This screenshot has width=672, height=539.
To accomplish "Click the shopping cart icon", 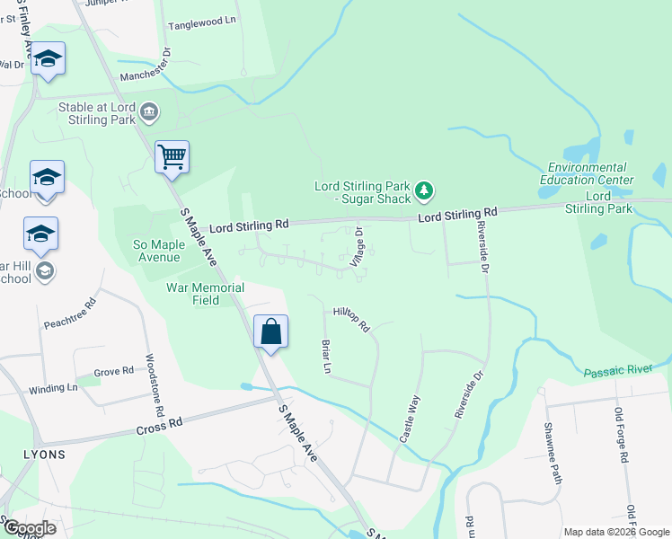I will click(x=172, y=157).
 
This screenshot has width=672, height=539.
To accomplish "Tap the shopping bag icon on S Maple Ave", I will click(x=270, y=331).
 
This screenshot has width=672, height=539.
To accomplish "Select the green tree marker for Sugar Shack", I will click(x=425, y=190).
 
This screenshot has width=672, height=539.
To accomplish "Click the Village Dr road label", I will click(x=358, y=243).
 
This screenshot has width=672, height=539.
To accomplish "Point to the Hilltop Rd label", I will click(x=351, y=318).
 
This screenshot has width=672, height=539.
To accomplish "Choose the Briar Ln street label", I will click(x=326, y=356).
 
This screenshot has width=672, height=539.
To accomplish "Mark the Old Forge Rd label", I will click(x=621, y=435).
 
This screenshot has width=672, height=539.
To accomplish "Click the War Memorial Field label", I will click(x=206, y=294).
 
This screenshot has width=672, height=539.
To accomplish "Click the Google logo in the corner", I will click(x=30, y=527).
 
